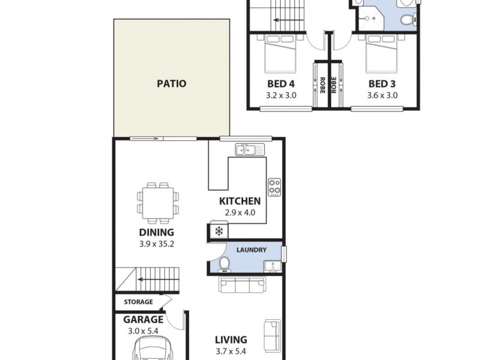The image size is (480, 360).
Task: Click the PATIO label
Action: tap(171, 83)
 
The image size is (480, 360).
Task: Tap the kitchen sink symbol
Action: tap(248, 149)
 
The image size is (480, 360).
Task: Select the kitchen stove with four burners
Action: tap(275, 187)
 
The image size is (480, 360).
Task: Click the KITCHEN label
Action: tap(239, 201)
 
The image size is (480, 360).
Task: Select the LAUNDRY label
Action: tap(251, 250)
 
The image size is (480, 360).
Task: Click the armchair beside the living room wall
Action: tap(272, 334)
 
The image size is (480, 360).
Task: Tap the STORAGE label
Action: tap(139, 302)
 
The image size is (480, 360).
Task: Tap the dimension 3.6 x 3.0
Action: tap(382, 95)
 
